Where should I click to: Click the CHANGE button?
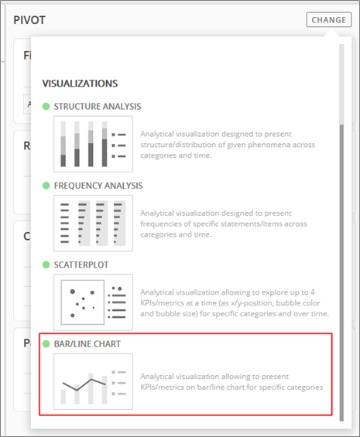(x=329, y=20)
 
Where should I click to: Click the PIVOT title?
(x=29, y=20)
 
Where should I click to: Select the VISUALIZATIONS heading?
(x=80, y=84)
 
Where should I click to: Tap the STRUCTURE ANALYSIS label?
(x=98, y=107)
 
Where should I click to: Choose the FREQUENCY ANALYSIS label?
(x=98, y=186)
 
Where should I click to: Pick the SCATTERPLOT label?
(x=81, y=265)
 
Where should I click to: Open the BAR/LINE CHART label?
(x=87, y=344)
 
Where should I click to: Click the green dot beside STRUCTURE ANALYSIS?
(x=46, y=107)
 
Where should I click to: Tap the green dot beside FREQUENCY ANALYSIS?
(x=46, y=186)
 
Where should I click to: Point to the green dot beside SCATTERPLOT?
(x=46, y=265)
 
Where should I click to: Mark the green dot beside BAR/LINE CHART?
(x=46, y=344)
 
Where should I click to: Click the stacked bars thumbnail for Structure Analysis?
(x=93, y=144)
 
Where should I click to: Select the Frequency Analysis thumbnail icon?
(x=93, y=224)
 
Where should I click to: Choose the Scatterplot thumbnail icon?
(x=93, y=302)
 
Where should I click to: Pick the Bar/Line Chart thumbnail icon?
(x=93, y=381)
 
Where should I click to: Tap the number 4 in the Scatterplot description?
(x=313, y=292)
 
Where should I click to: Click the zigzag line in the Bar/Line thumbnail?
(x=84, y=385)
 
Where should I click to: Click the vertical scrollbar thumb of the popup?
(x=341, y=272)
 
